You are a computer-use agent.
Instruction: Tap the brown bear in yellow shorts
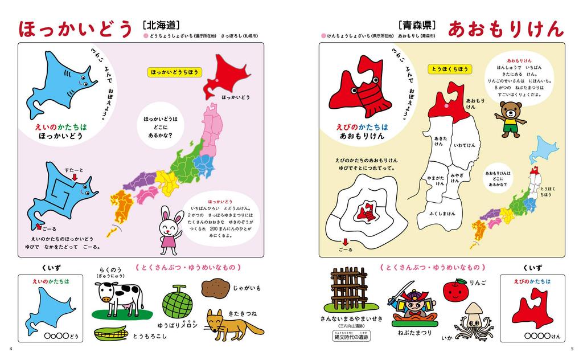pos(510,119)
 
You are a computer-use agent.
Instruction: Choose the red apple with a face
pos(455,290)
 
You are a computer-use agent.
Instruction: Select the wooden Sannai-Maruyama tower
pos(349,288)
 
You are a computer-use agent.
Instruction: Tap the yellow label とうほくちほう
pos(450,69)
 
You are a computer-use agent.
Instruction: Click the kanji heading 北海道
pos(159,25)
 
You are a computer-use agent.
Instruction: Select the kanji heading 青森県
pos(418,25)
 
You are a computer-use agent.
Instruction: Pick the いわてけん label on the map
pos(464,145)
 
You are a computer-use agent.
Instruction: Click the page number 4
pos(11,349)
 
